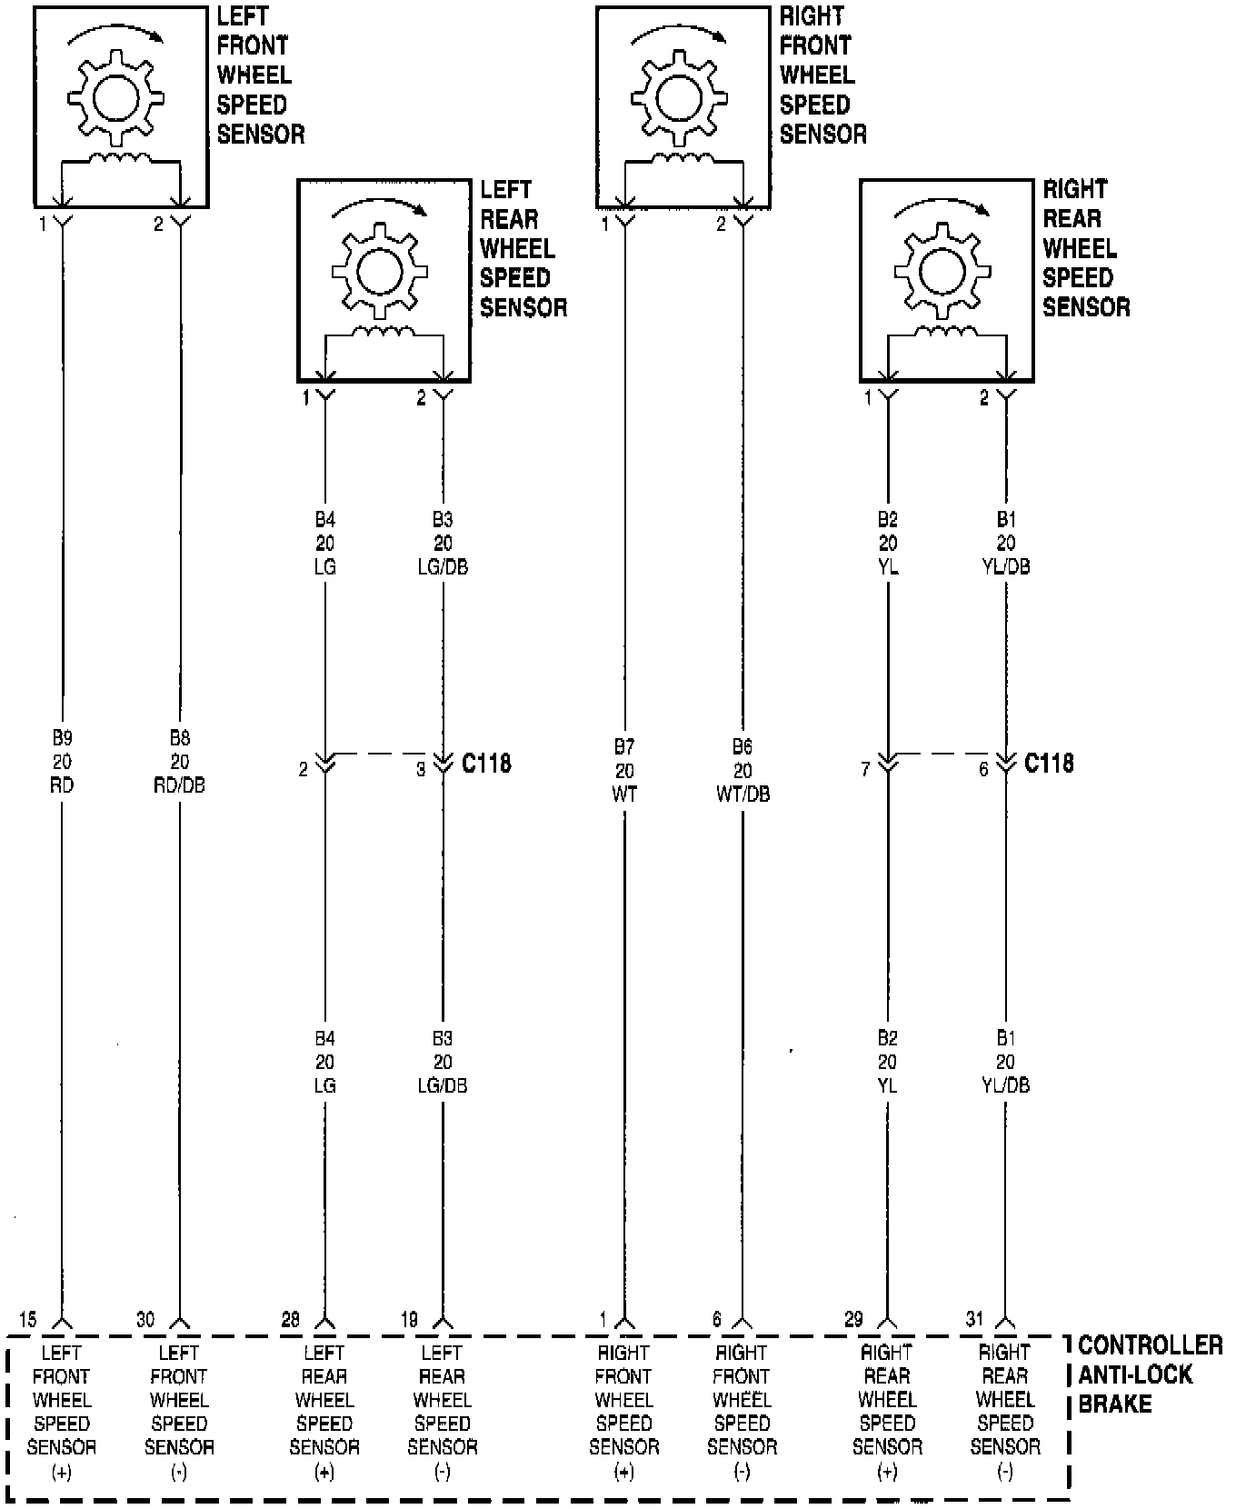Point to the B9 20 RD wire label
[62, 761]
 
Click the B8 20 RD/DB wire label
[180, 761]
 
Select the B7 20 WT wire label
[624, 770]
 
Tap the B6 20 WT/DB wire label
[743, 770]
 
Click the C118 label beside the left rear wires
[486, 764]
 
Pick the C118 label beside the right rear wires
[1049, 764]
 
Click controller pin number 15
[27, 1319]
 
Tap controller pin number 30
[145, 1319]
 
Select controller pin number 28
[290, 1319]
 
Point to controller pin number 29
[853, 1319]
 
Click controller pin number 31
[973, 1319]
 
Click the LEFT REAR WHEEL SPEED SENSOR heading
[523, 248]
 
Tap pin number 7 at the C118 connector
[865, 770]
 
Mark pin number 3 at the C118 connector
[421, 770]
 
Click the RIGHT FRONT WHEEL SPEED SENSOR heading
[822, 75]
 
